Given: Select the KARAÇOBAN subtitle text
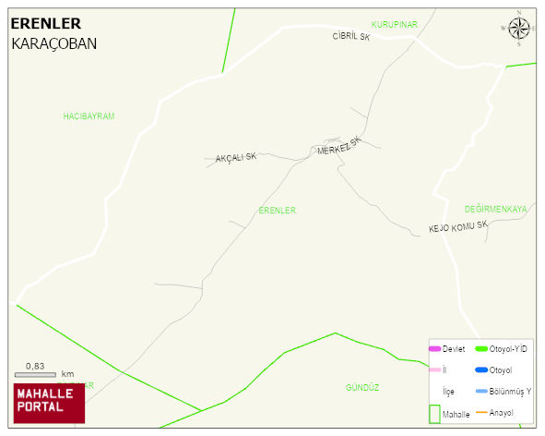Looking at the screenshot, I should click(53, 43).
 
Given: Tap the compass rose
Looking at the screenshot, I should click(519, 29).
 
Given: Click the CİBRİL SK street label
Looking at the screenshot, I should click(350, 37).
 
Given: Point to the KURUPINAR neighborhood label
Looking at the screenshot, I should click(395, 24).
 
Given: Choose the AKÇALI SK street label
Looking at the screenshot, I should click(235, 158).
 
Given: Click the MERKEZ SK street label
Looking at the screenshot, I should click(338, 146).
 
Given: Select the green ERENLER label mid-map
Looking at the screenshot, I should click(277, 211).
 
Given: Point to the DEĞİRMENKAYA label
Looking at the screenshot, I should click(495, 210).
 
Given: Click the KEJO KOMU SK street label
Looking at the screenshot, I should click(457, 227).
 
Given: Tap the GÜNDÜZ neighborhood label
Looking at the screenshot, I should click(362, 388).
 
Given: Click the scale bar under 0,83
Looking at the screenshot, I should click(35, 375).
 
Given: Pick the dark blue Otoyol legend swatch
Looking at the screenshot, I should click(481, 369).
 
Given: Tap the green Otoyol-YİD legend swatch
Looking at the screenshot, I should click(481, 348).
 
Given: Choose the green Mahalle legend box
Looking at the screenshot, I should click(434, 414).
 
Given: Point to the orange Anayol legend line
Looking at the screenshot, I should click(481, 412).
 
